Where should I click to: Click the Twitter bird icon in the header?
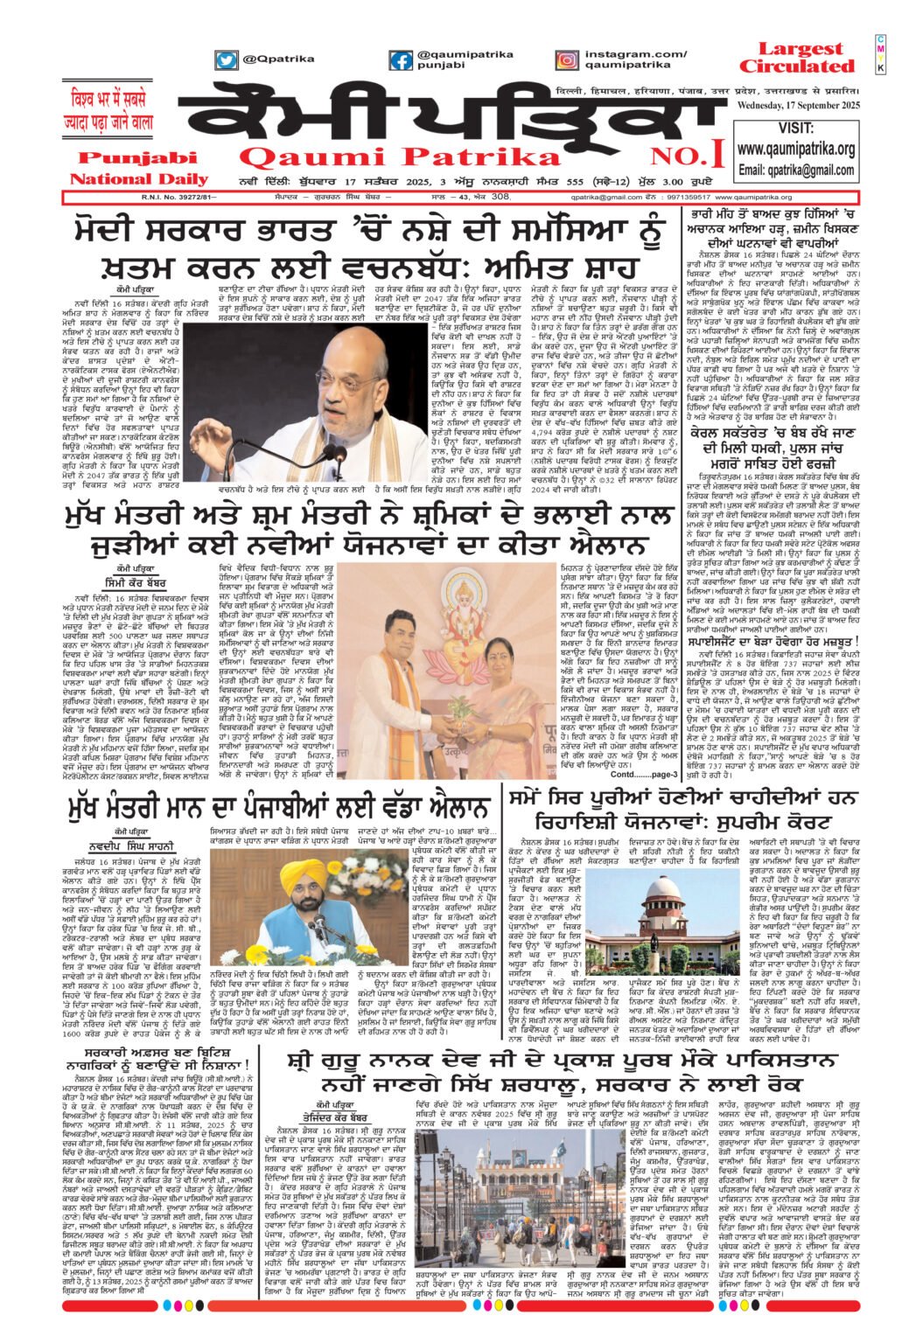point(227,60)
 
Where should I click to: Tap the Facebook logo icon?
point(401,60)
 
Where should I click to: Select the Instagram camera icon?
point(566,60)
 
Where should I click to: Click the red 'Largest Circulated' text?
point(795,58)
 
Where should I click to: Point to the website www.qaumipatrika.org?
point(795,150)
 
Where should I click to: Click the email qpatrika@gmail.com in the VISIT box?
point(795,170)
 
